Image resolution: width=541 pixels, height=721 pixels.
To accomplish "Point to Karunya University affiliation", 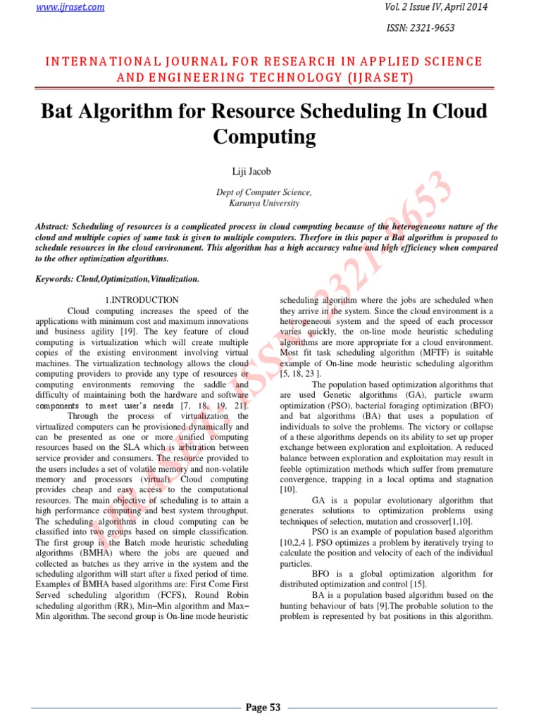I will (263, 203).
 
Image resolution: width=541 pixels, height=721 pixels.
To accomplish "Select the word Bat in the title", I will (59, 111).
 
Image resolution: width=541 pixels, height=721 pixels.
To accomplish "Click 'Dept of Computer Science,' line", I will (263, 192).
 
